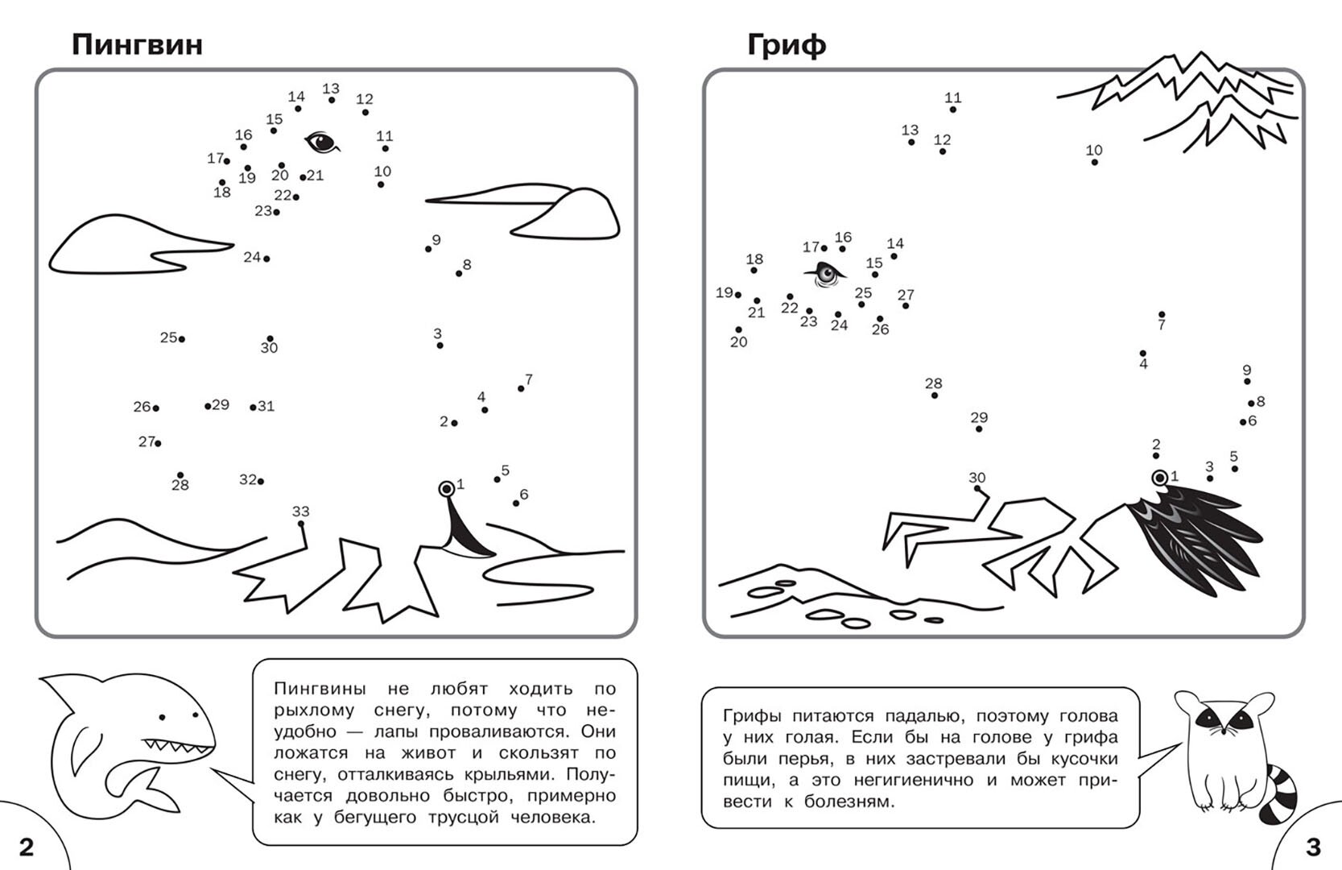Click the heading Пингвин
(x=137, y=44)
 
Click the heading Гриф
(x=786, y=44)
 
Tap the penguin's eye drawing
(x=321, y=143)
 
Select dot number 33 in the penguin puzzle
(x=301, y=524)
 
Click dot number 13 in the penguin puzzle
(x=332, y=100)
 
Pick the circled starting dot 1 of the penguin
(x=446, y=489)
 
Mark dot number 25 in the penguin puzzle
(x=182, y=339)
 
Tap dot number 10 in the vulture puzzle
(x=1094, y=162)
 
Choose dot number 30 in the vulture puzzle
(x=977, y=488)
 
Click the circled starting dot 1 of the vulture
(x=1159, y=478)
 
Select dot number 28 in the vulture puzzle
(x=934, y=396)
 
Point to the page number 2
(x=26, y=847)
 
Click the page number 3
(x=1313, y=847)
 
